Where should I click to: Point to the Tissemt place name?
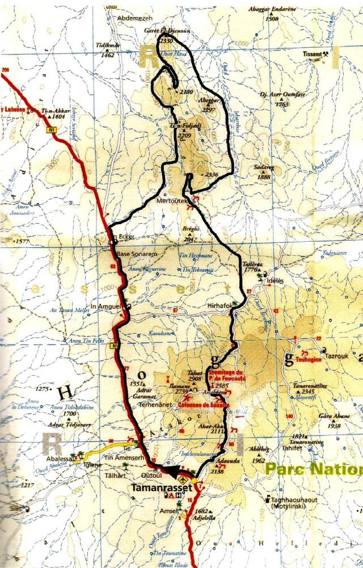pyautogui.click(x=316, y=54)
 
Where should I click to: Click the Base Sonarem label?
pyautogui.click(x=136, y=254)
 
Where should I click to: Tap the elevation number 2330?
pyautogui.click(x=166, y=41)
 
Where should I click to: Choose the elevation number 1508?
pyautogui.click(x=272, y=19)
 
